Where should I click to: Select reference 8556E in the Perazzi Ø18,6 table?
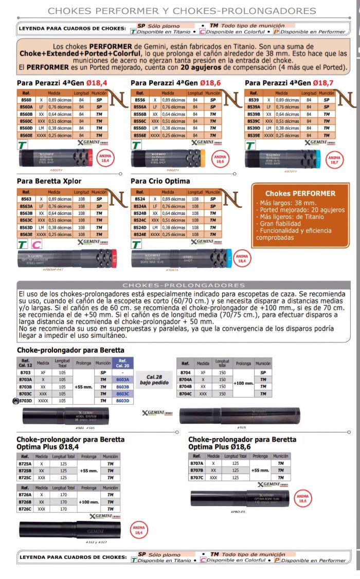139,135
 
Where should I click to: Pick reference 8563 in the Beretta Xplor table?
25,198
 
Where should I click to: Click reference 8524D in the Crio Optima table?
139,226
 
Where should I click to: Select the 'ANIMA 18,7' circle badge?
334,160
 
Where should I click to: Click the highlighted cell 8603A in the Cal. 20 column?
122,379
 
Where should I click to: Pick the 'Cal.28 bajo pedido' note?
154,379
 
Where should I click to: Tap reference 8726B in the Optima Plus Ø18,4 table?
25,502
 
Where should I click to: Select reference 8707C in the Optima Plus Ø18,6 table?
197,477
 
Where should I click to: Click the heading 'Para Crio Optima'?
160,181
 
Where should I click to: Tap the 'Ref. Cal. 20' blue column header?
122,363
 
